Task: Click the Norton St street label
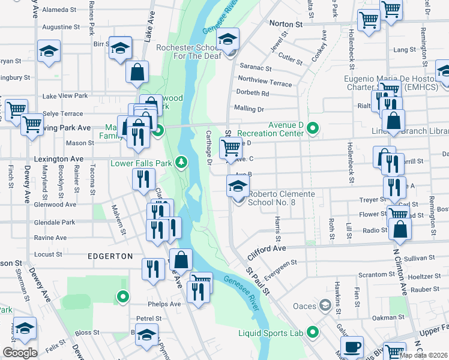pyautogui.click(x=286, y=24)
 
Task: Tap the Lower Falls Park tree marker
pyautogui.click(x=180, y=163)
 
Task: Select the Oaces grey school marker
pyautogui.click(x=325, y=306)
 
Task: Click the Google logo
pyautogui.click(x=20, y=353)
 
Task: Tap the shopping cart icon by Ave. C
pyautogui.click(x=231, y=148)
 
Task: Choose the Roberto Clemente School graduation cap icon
pyautogui.click(x=238, y=187)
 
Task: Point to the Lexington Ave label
pyautogui.click(x=58, y=159)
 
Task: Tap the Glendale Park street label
pyautogui.click(x=55, y=222)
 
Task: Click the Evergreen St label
pyautogui.click(x=280, y=266)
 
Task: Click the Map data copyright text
pyautogui.click(x=424, y=355)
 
